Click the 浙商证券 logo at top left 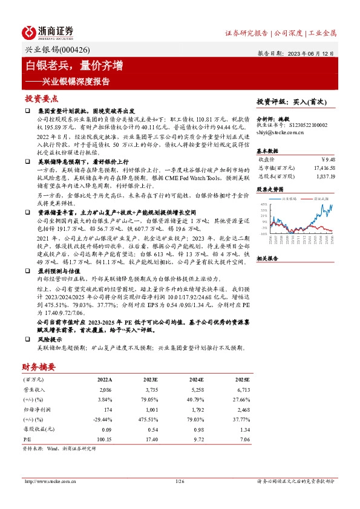[48, 32]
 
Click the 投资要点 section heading [41, 98]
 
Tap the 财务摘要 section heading [39, 367]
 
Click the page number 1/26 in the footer [179, 481]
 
